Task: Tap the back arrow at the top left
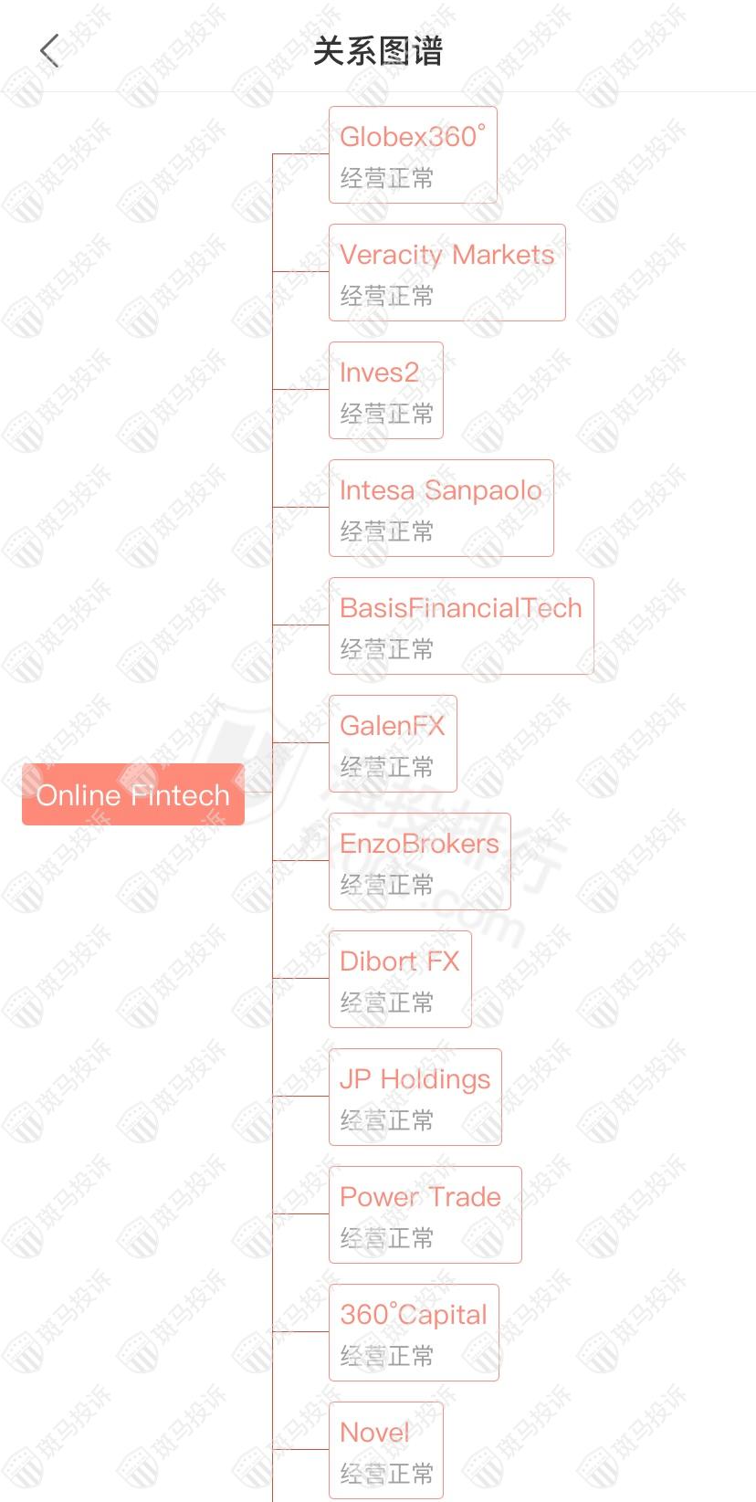click(49, 51)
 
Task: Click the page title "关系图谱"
click(378, 51)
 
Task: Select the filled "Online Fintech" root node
click(132, 794)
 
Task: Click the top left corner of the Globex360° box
click(330, 107)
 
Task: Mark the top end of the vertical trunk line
click(272, 154)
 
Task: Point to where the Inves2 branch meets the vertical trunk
click(272, 390)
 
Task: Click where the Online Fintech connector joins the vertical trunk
click(272, 793)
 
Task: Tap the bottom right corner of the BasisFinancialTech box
click(593, 674)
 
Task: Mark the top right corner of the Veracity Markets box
click(565, 225)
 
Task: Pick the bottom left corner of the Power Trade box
click(330, 1263)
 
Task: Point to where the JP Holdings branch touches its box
click(330, 1096)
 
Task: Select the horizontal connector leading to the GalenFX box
click(300, 742)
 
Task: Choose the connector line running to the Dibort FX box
click(300, 978)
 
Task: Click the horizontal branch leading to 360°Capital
click(300, 1331)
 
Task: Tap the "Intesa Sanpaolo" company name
click(441, 491)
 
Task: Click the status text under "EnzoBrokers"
click(387, 885)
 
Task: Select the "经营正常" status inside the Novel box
click(387, 1473)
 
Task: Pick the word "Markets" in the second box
click(503, 255)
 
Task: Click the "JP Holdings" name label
click(415, 1080)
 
